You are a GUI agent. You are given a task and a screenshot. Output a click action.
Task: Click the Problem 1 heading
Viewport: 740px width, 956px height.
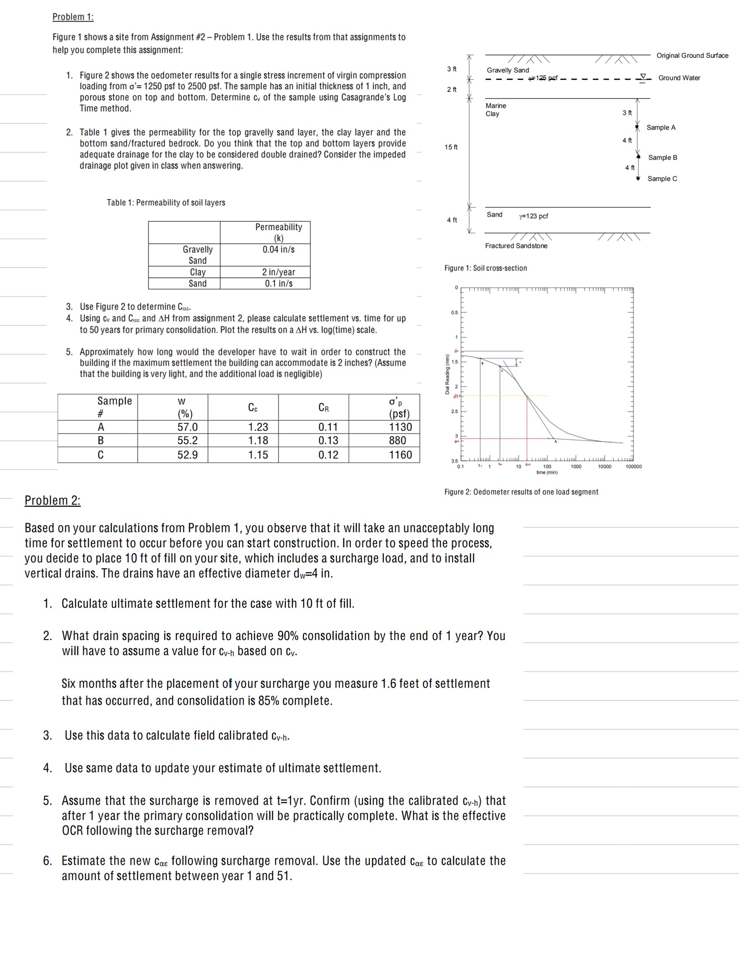[x=73, y=17]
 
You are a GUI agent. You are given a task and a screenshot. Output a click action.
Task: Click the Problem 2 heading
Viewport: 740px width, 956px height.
[x=52, y=500]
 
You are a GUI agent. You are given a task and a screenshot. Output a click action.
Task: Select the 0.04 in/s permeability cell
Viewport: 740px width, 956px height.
[x=278, y=249]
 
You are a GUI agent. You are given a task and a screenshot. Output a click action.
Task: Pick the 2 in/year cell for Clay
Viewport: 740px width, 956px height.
[x=278, y=272]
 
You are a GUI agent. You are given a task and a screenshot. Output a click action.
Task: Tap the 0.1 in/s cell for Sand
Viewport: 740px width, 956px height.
[x=278, y=283]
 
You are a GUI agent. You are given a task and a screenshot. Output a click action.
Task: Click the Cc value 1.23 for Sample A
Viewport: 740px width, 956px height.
[x=258, y=427]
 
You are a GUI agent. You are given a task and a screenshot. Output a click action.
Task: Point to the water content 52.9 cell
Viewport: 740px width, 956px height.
[x=187, y=454]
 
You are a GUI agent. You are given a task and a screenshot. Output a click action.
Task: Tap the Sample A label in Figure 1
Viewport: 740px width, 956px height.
[x=661, y=127]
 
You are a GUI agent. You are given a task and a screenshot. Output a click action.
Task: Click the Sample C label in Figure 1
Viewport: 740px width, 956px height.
[x=662, y=178]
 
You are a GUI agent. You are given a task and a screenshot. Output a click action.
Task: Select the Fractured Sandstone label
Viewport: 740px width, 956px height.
[x=516, y=246]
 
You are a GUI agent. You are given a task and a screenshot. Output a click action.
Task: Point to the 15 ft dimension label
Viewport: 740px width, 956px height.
[x=451, y=147]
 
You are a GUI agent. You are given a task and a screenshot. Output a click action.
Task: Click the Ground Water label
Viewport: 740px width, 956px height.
[x=679, y=78]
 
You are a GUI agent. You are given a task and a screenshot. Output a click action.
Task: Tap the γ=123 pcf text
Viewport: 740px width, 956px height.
[x=533, y=216]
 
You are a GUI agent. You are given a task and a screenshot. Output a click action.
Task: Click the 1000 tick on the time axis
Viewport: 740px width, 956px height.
[x=576, y=466]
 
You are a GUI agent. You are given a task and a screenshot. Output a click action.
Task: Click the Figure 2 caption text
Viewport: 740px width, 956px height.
[x=521, y=492]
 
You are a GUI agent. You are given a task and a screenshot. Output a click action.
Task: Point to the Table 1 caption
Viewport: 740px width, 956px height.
[x=166, y=202]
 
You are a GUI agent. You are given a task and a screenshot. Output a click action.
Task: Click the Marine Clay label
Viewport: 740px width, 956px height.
[x=496, y=110]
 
